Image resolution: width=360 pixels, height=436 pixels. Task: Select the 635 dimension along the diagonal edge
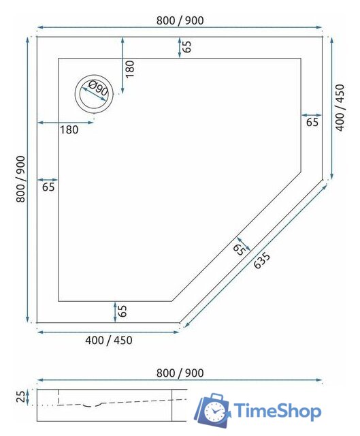click(x=262, y=261)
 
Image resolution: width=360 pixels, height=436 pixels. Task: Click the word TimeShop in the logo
click(x=278, y=411)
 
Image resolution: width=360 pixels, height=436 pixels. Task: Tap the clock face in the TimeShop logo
click(x=216, y=411)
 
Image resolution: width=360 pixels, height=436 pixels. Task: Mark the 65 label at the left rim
click(x=49, y=185)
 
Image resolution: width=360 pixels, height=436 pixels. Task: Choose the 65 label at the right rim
click(x=312, y=123)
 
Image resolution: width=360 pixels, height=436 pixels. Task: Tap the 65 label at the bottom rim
click(x=122, y=311)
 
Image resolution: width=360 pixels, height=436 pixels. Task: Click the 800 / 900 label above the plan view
click(x=180, y=20)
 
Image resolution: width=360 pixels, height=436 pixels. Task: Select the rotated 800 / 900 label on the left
click(x=21, y=178)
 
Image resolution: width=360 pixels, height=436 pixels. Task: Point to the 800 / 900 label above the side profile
click(x=180, y=373)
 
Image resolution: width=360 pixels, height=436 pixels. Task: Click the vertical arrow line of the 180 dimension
click(x=122, y=66)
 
